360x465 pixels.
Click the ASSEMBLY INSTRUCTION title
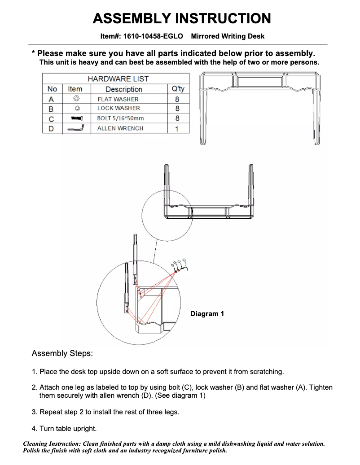click(x=181, y=18)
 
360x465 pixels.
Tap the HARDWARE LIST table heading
click(x=118, y=78)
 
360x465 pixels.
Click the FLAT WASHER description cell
click(x=118, y=99)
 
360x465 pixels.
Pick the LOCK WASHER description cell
click(x=119, y=108)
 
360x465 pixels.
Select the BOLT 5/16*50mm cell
click(x=120, y=118)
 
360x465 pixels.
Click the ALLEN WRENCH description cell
click(x=120, y=128)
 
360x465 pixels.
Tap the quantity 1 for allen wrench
click(x=177, y=129)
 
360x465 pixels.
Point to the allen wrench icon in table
click(x=75, y=128)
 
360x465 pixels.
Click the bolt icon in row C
click(x=75, y=118)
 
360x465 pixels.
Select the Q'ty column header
click(x=178, y=89)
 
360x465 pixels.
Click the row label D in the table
click(x=51, y=129)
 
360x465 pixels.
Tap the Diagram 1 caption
click(x=207, y=314)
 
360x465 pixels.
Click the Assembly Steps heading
click(x=62, y=353)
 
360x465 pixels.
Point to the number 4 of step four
click(x=34, y=429)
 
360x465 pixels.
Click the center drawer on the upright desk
click(x=260, y=82)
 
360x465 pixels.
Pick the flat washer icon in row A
click(x=76, y=99)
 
